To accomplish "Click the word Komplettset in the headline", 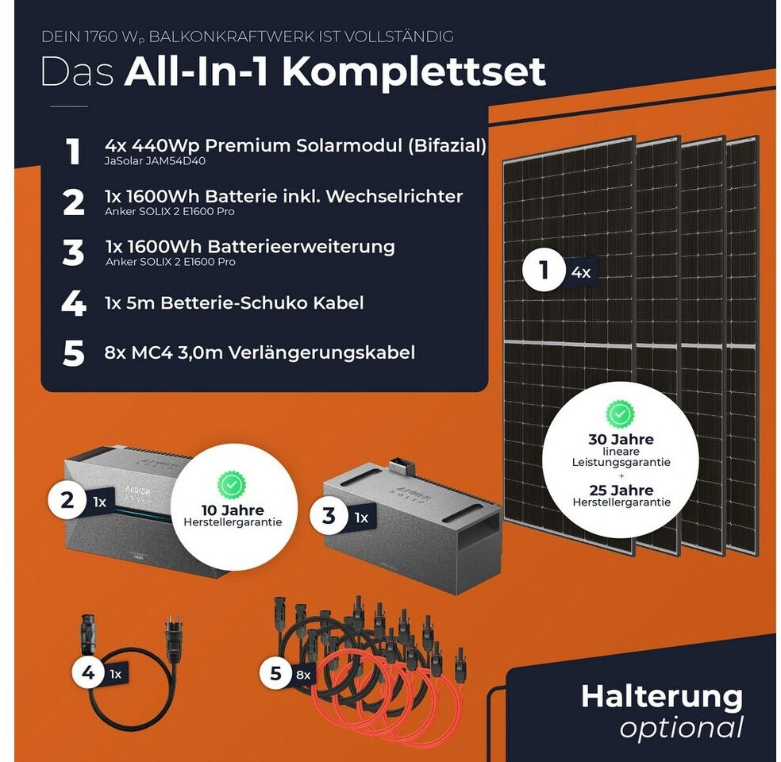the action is click(414, 72).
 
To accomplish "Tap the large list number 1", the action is click(73, 152).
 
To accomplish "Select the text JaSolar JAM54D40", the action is click(155, 161).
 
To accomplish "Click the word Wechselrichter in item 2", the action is click(394, 196).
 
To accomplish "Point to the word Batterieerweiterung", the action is click(301, 247).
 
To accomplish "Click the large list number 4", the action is click(74, 303).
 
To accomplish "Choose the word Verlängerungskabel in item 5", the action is click(321, 353).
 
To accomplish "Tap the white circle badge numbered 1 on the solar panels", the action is click(544, 270).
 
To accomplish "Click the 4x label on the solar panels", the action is click(581, 273).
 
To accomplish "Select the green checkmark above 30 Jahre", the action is click(620, 414).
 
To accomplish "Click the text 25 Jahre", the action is click(621, 490).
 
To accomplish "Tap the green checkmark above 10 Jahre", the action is click(232, 484).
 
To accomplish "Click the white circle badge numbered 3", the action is click(329, 515).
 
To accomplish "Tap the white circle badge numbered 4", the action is click(89, 672).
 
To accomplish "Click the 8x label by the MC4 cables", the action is click(303, 675).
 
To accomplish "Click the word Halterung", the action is click(662, 696).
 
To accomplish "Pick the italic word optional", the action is click(682, 729).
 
